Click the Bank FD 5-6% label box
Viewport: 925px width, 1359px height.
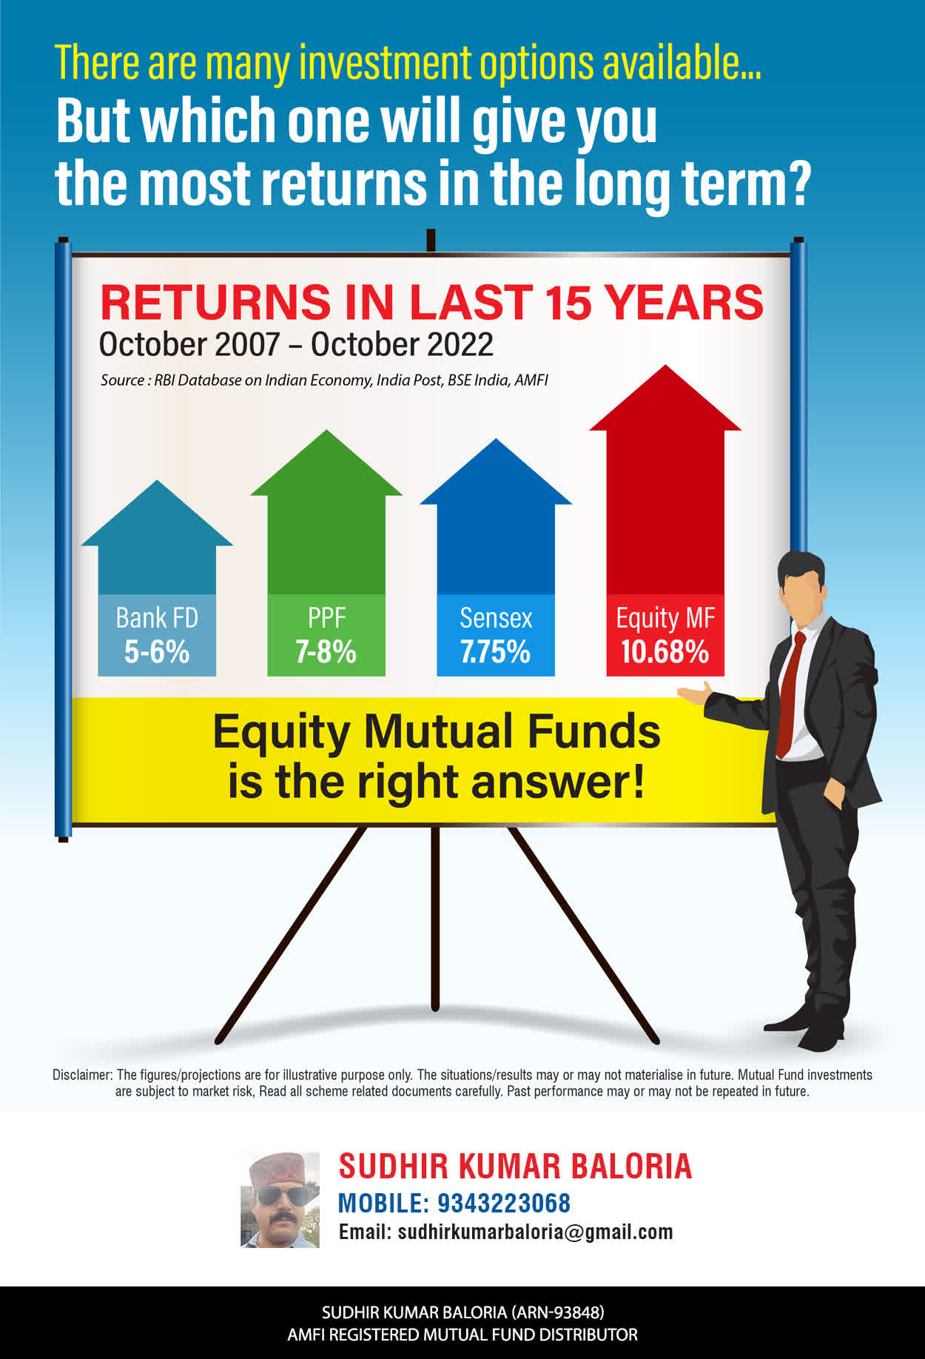pyautogui.click(x=157, y=635)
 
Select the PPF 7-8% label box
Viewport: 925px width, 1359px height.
pyautogui.click(x=326, y=635)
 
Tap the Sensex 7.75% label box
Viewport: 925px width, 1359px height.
pyautogui.click(x=496, y=635)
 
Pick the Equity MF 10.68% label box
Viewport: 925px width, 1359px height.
pyautogui.click(x=665, y=635)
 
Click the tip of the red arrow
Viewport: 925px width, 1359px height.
pyautogui.click(x=666, y=365)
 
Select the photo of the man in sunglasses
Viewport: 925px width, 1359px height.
pyautogui.click(x=280, y=1200)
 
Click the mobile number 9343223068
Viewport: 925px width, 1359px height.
pyautogui.click(x=504, y=1204)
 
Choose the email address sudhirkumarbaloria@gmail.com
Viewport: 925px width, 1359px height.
pyautogui.click(x=536, y=1232)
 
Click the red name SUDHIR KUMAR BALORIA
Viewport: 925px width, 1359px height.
pyautogui.click(x=515, y=1167)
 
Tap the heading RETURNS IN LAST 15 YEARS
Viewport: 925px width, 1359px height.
pyautogui.click(x=431, y=302)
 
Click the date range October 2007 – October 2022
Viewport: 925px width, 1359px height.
pyautogui.click(x=296, y=344)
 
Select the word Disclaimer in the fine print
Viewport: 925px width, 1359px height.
pyautogui.click(x=82, y=1075)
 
